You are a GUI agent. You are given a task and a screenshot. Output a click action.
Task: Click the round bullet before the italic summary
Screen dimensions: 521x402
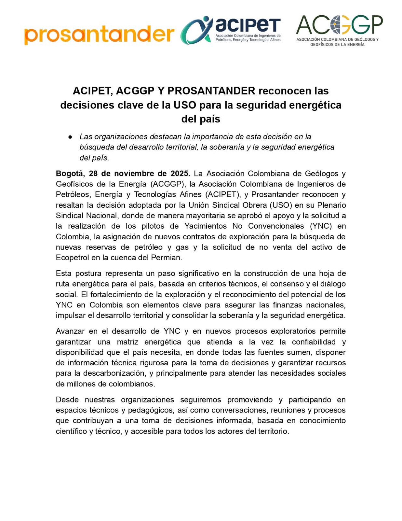[70, 137]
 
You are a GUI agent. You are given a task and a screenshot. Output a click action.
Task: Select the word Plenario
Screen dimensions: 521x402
[331, 205]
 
